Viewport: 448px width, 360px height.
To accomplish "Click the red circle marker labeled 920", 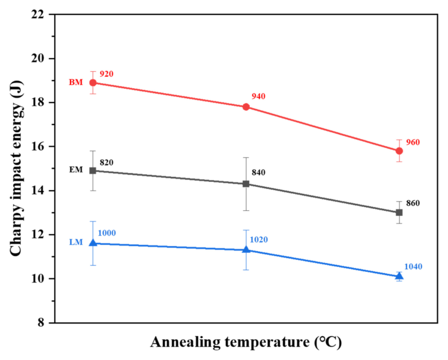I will click(x=93, y=82).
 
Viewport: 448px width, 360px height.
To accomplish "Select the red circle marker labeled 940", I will click(x=246, y=107).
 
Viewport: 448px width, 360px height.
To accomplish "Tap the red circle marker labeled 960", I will click(x=399, y=151).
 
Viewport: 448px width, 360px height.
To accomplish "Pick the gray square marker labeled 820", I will click(x=93, y=171).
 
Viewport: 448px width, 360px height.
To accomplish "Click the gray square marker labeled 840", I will click(x=246, y=184).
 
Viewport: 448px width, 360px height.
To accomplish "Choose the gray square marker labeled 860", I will click(x=399, y=213).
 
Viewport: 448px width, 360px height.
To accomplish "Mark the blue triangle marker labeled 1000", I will click(x=93, y=243).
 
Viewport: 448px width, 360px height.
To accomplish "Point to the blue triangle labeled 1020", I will click(x=246, y=250).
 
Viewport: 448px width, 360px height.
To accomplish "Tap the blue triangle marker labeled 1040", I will click(x=399, y=276).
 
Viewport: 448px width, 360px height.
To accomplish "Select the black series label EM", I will click(x=77, y=170).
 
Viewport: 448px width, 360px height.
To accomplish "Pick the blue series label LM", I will click(x=77, y=243).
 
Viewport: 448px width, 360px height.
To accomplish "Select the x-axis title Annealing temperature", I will click(x=247, y=342).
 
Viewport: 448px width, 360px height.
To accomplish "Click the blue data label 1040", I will click(x=413, y=267).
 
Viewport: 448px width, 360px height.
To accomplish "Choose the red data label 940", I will click(x=259, y=96).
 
